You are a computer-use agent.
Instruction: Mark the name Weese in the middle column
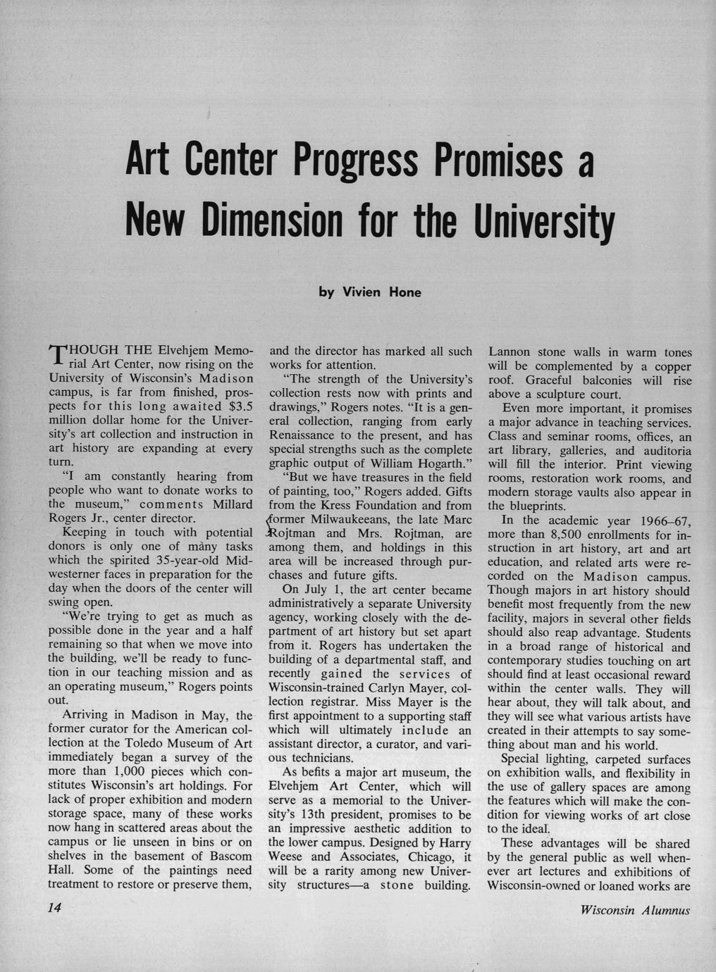coord(286,856)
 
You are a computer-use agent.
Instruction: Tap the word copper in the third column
coord(669,366)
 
